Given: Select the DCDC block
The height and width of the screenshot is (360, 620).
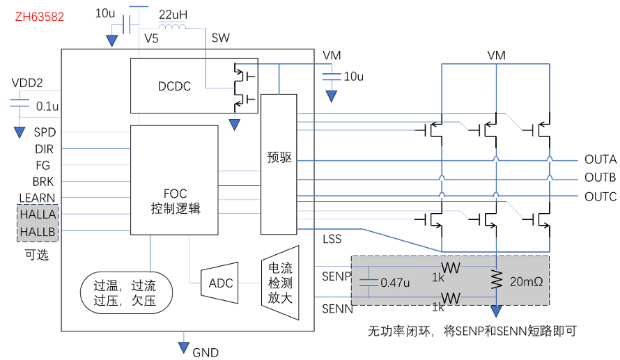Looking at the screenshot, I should pos(174,86).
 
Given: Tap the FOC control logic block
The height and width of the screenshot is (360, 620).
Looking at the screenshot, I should pos(175,201).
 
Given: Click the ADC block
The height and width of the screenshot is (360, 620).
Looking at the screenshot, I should pos(220,283).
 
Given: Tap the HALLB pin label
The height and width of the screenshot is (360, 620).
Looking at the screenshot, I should pos(37,231).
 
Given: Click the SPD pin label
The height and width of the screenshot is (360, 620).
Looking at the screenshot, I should pos(45,132).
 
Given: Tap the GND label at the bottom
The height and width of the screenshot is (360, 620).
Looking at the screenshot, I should pos(206,352).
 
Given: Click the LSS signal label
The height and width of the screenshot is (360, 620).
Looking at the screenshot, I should pos(332,240).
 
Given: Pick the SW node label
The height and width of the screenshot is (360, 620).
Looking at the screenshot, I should pos(221,38).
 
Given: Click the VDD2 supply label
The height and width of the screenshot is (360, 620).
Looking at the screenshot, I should pos(27,83).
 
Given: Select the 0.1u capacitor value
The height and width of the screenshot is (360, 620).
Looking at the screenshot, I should pos(47,107).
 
